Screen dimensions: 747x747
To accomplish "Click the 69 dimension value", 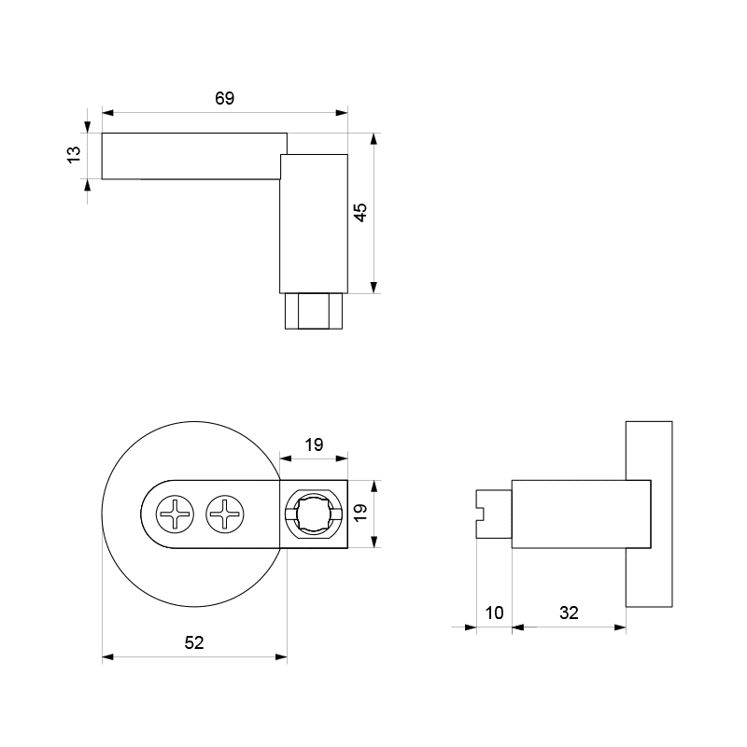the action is (224, 98).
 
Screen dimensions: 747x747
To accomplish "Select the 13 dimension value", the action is (74, 155).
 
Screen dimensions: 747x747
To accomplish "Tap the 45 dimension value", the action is (360, 213).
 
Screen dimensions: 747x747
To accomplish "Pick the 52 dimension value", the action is (194, 642).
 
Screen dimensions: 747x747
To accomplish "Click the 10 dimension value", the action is (494, 613).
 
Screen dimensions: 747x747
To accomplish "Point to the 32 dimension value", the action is (569, 613).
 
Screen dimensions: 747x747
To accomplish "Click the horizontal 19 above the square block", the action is (314, 444).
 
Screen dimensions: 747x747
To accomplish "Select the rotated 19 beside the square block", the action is (360, 512).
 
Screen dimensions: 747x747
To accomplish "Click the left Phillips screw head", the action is (176, 514).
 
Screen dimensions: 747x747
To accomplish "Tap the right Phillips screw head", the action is (225, 514).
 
